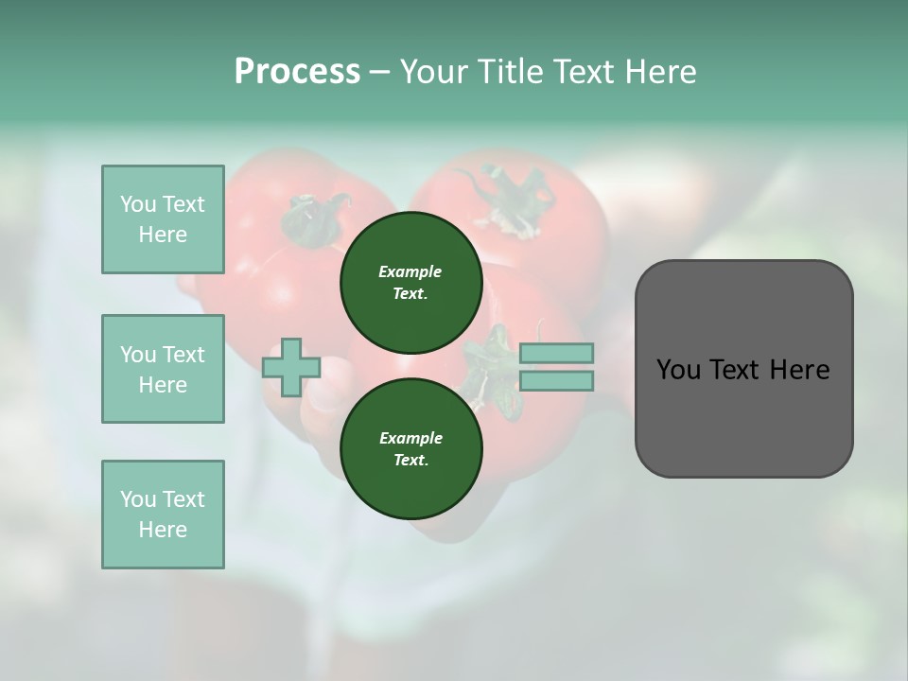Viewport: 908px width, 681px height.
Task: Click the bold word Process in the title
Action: [297, 72]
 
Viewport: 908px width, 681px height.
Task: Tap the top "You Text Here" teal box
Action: [163, 219]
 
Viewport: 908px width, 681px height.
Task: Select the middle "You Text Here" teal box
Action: [163, 369]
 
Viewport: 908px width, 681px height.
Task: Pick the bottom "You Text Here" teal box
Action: [163, 515]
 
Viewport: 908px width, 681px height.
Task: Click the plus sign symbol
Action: [291, 368]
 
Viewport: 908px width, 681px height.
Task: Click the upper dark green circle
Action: [411, 283]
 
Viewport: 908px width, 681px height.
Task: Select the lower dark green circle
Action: [411, 449]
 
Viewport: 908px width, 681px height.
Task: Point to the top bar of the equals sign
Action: [556, 353]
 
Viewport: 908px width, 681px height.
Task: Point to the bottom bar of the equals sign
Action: [556, 381]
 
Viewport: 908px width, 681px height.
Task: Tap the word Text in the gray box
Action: [739, 370]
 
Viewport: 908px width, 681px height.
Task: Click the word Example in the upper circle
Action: [410, 271]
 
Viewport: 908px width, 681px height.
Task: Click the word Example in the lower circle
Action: [410, 438]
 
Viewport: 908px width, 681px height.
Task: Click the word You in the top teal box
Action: [138, 204]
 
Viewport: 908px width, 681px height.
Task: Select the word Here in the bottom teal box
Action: [163, 530]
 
